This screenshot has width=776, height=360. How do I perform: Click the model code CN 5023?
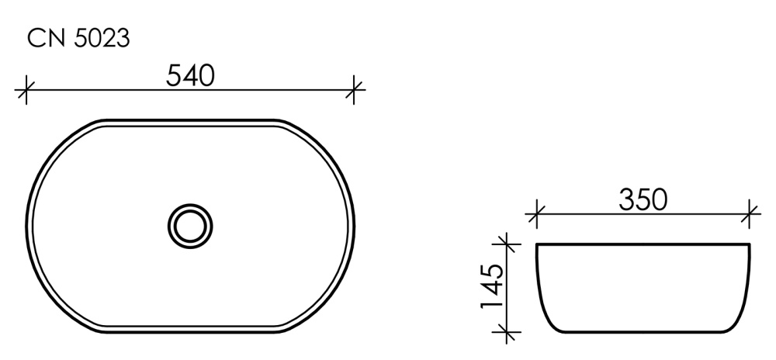point(78,39)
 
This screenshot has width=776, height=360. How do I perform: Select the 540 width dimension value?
point(190,75)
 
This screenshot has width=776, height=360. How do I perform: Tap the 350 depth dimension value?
point(643,199)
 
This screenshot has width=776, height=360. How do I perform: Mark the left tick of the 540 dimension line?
point(26,91)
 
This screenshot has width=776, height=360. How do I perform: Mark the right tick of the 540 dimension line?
point(355,91)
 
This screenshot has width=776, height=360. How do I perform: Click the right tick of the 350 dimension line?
point(750,213)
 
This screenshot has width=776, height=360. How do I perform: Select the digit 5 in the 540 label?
point(174,75)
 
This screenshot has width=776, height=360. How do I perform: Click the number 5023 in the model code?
point(101,39)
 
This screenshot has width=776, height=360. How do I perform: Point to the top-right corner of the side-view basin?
point(750,245)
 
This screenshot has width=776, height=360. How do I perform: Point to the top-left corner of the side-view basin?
point(537,245)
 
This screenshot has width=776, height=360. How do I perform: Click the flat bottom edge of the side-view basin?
point(643,331)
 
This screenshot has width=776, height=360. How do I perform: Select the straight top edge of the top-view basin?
point(190,121)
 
